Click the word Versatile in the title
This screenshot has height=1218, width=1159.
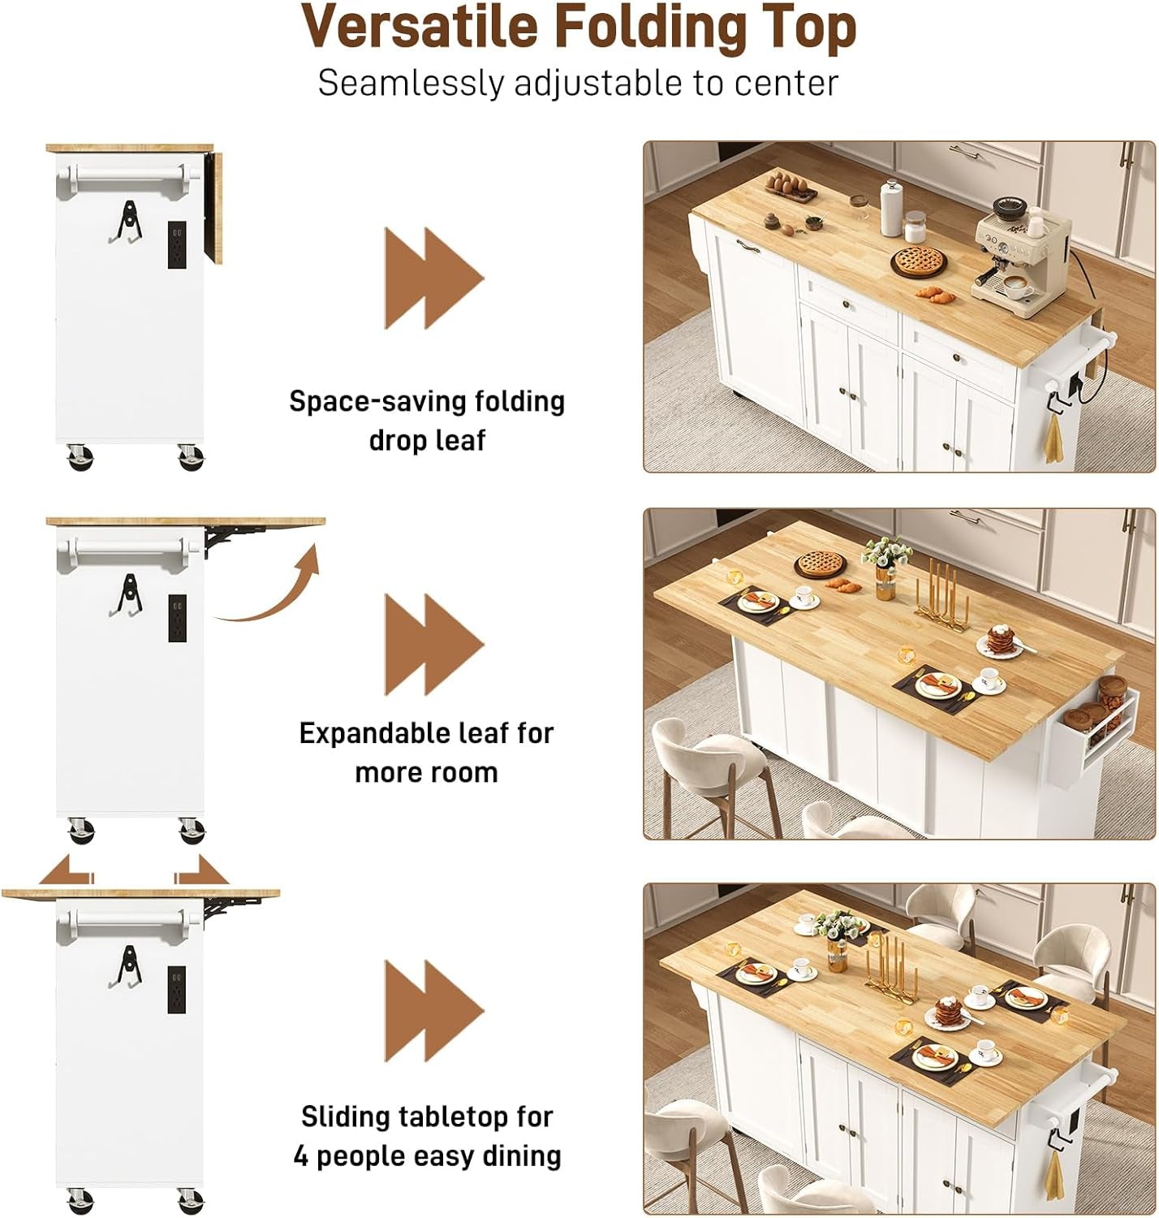pos(421,28)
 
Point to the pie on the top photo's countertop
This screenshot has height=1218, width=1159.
pos(919,261)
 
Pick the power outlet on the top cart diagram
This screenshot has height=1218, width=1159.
pos(177,244)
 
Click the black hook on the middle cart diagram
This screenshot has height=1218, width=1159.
pos(126,595)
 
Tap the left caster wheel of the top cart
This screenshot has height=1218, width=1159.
pos(80,457)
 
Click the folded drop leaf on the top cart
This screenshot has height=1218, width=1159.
pos(216,207)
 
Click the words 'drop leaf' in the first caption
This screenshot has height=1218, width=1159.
pos(427,440)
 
